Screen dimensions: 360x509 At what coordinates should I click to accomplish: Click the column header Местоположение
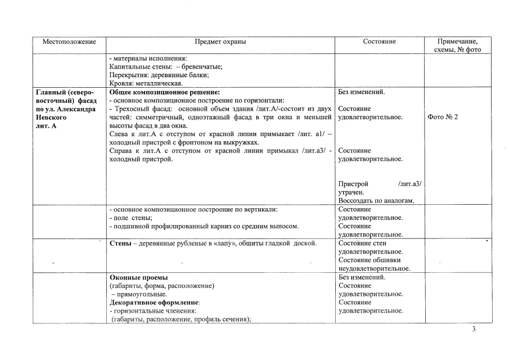(70, 42)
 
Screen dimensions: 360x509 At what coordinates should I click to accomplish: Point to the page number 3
(474, 329)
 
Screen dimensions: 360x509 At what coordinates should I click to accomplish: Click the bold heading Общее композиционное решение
(164, 92)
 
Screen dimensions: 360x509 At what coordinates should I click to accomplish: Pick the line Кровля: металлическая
(146, 84)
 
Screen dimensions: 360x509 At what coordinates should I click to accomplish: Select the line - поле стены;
(131, 218)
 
